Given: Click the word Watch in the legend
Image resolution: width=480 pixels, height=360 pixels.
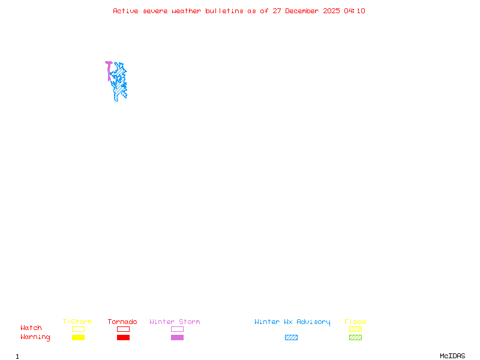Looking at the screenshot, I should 31,328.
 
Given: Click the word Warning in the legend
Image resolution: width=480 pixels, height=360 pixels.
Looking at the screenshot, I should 35,337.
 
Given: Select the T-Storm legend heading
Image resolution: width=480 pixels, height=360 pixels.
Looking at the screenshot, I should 77,322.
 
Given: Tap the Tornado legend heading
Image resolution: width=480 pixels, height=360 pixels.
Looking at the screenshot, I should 122,322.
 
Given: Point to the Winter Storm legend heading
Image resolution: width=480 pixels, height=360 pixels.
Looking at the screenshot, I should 175,322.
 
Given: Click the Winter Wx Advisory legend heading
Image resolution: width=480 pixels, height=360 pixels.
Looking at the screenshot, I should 292,322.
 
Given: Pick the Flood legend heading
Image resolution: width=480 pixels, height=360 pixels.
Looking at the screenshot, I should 355,322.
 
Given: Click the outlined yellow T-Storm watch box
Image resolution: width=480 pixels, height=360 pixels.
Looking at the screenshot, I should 78,329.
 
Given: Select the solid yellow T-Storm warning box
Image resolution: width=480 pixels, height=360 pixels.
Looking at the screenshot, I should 78,337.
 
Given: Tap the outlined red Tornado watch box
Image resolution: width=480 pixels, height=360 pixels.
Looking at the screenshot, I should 123,329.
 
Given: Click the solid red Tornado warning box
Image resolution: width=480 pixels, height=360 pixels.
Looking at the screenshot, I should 123,337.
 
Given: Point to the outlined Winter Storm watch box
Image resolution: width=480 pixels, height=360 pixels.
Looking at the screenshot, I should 177,329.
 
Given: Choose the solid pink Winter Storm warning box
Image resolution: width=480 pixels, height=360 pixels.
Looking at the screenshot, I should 177,337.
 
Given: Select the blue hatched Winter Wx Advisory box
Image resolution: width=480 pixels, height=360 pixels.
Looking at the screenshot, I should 291,337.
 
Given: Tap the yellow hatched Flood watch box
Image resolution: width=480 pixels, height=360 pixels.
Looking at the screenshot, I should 355,329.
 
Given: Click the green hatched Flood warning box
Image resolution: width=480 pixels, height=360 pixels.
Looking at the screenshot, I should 355,337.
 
